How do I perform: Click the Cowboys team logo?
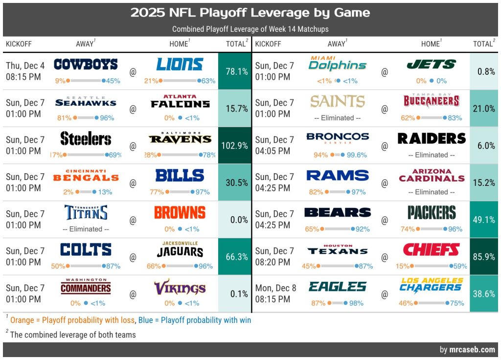[86, 64]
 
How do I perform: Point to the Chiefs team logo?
[431, 250]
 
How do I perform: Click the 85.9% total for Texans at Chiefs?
[484, 256]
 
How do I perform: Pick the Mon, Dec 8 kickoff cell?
[275, 293]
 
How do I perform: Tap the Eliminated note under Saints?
[338, 118]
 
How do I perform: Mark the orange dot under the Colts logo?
[68, 266]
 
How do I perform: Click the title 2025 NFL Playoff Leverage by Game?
[250, 13]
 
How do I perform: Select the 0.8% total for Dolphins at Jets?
[484, 71]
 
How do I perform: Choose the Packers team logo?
[431, 213]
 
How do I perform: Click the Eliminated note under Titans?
[86, 229]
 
